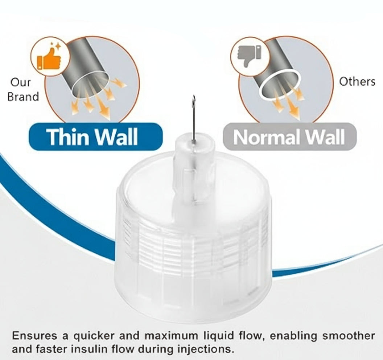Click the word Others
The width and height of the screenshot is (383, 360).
click(357, 81)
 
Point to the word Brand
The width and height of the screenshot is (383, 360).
click(23, 97)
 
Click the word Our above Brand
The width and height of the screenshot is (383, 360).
click(21, 82)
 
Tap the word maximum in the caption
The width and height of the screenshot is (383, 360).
click(171, 336)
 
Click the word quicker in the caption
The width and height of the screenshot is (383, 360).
click(94, 336)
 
